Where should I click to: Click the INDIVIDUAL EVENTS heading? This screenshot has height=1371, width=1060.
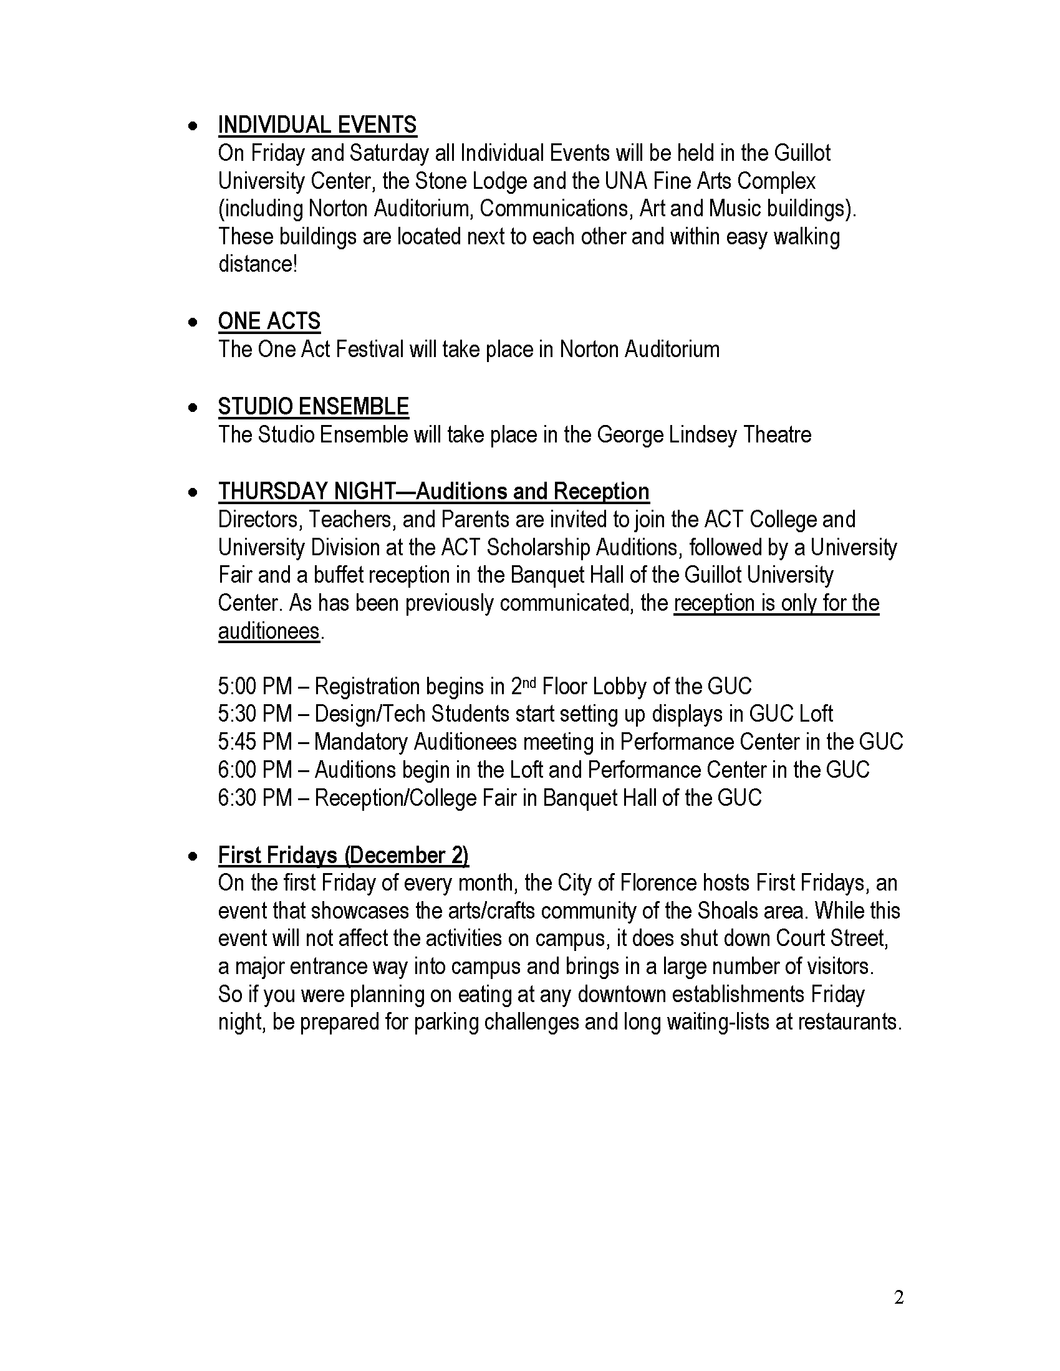317,125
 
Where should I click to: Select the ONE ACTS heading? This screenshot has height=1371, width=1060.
269,321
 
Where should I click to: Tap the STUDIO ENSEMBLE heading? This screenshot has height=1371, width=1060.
314,406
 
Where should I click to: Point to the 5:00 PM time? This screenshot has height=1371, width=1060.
255,686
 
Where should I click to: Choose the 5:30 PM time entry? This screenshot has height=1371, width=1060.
255,714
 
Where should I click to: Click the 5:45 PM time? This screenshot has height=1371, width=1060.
255,742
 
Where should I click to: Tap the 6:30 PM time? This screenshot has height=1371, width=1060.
255,798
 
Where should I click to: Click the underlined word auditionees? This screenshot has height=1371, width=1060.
269,631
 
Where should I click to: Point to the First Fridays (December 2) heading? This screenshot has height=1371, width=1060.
343,855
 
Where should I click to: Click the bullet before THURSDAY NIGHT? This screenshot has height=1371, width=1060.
194,492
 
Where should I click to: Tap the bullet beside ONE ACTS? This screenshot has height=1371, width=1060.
194,322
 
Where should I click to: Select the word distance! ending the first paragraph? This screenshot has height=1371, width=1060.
258,264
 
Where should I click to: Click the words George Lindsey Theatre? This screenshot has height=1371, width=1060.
703,434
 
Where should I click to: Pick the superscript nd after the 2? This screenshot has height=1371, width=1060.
530,682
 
